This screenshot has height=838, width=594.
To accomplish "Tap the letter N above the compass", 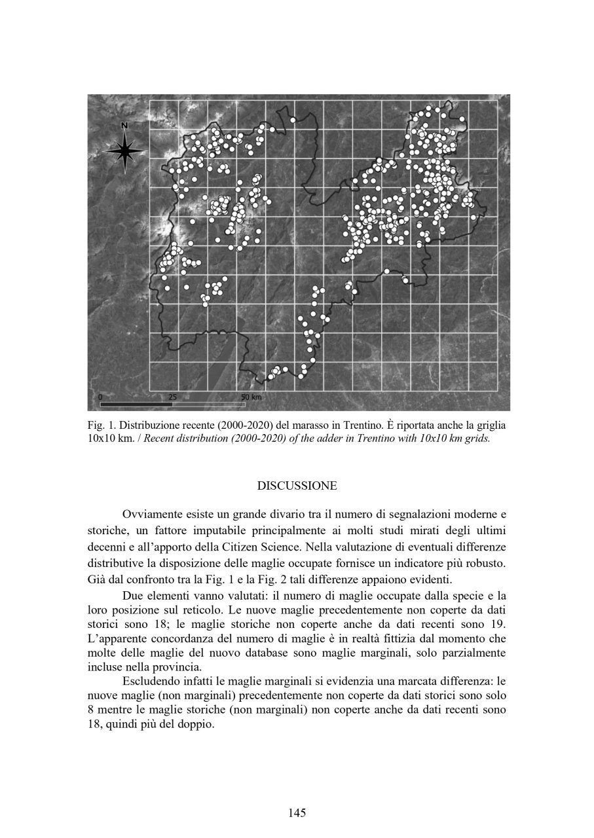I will (x=124, y=126).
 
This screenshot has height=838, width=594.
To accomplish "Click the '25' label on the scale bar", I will (x=173, y=397).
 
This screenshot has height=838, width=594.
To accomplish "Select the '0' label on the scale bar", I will (x=100, y=397).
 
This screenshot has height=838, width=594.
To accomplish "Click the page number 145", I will (x=297, y=813).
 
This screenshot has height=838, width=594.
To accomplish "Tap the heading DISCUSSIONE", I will (x=297, y=486).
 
